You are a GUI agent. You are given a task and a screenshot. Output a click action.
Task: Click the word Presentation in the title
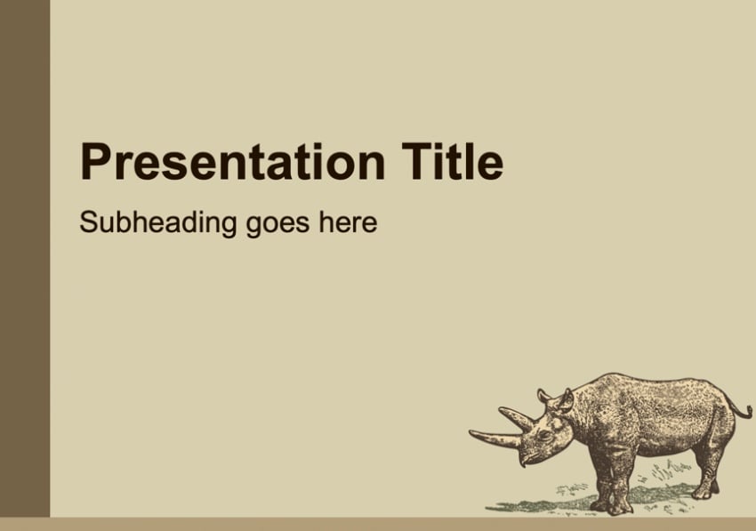pyautogui.click(x=232, y=162)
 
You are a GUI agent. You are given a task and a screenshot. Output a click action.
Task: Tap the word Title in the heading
pyautogui.click(x=453, y=162)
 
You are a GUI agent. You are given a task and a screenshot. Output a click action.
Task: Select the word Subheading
pyautogui.click(x=158, y=223)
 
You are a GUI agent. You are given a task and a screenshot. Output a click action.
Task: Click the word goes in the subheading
pyautogui.click(x=277, y=226)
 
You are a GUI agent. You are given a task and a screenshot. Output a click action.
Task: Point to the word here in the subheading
pyautogui.click(x=348, y=222)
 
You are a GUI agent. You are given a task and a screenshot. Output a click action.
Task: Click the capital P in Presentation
pyautogui.click(x=97, y=161)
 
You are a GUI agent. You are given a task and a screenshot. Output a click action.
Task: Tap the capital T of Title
pyautogui.click(x=417, y=161)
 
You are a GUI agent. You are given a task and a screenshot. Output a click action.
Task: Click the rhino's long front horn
pyautogui.click(x=495, y=438)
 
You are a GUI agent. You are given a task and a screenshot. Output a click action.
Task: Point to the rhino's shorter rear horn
pyautogui.click(x=517, y=418)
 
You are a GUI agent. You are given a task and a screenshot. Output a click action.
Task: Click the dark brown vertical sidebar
pyautogui.click(x=25, y=259)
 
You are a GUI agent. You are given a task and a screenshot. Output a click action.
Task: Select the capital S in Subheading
pyautogui.click(x=89, y=222)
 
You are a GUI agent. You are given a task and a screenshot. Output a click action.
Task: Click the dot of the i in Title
pyautogui.click(x=440, y=147)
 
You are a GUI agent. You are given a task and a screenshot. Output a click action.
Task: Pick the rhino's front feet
pyautogui.click(x=611, y=505)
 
